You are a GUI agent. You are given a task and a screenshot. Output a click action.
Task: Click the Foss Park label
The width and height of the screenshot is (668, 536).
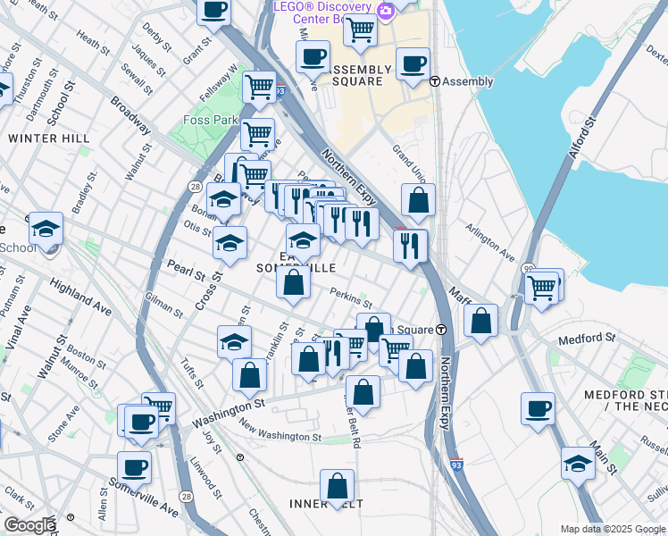coord(210,120)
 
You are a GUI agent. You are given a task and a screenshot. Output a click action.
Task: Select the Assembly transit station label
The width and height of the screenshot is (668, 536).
coord(467,81)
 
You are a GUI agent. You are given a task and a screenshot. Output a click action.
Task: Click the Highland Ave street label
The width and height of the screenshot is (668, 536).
coord(80,297)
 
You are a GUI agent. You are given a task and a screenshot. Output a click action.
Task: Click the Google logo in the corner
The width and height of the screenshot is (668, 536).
coord(29,525)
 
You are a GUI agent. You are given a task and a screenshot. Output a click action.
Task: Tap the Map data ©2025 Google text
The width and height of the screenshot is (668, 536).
coord(612,529)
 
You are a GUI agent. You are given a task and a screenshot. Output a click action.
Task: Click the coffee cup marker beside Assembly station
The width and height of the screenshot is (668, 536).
coord(413,63)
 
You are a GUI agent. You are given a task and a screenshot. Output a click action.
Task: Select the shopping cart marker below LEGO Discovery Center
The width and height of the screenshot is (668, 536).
coord(360,29)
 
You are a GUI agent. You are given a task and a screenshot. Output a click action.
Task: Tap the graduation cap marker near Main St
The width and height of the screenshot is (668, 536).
coord(578,463)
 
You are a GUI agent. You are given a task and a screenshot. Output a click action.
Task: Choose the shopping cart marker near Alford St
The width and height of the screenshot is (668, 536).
coord(542,288)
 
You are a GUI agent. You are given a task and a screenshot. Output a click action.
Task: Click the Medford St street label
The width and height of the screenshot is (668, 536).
coord(587,339)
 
